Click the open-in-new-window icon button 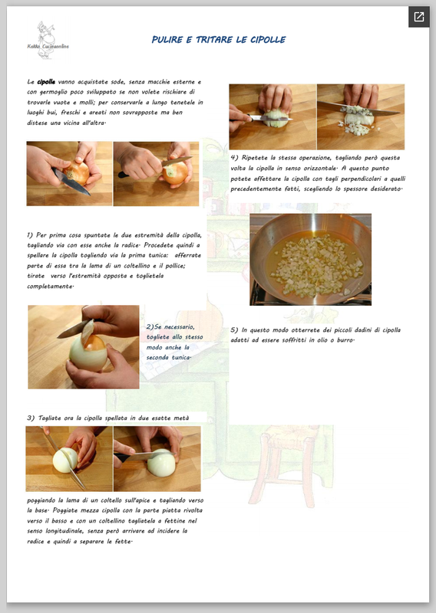tap(419, 17)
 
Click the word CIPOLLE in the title tap(268, 40)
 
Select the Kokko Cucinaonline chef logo tap(48, 41)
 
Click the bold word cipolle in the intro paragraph tap(46, 82)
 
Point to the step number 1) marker tap(30, 235)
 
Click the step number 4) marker tap(234, 158)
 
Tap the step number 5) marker tap(234, 330)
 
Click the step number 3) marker tap(31, 418)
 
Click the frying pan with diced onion tap(310, 259)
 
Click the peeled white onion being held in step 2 tap(88, 352)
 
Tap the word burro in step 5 tap(345, 340)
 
